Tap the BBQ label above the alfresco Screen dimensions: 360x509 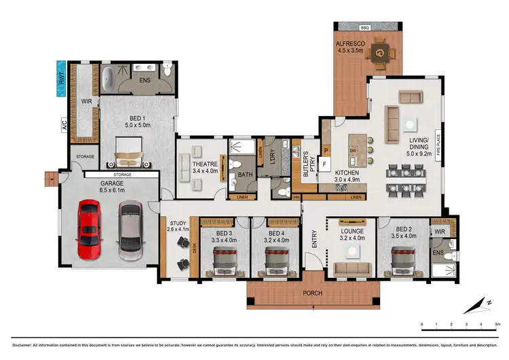tap(364, 28)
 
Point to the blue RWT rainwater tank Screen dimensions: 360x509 tap(61, 78)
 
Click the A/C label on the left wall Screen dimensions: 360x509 tap(64, 126)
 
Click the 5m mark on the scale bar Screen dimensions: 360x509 tap(497, 324)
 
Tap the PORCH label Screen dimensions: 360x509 tap(313, 293)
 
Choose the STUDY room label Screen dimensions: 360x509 tap(177, 223)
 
